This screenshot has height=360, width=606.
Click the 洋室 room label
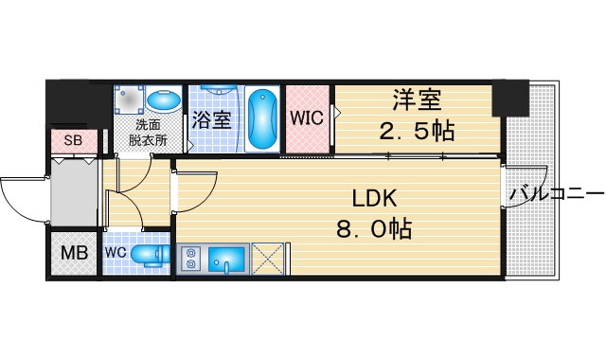click(x=418, y=99)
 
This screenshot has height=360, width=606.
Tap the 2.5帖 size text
click(x=418, y=131)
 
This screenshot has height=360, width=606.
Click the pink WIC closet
click(x=307, y=119)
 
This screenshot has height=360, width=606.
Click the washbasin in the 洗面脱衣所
click(x=164, y=100)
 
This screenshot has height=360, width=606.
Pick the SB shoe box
click(x=73, y=141)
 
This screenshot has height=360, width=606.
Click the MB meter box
click(x=73, y=254)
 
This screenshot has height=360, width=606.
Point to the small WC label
click(x=116, y=254)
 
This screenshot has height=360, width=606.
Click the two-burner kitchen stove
click(x=189, y=259)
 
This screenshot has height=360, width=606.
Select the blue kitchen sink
click(x=227, y=259)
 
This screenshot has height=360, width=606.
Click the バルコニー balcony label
click(x=556, y=194)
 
